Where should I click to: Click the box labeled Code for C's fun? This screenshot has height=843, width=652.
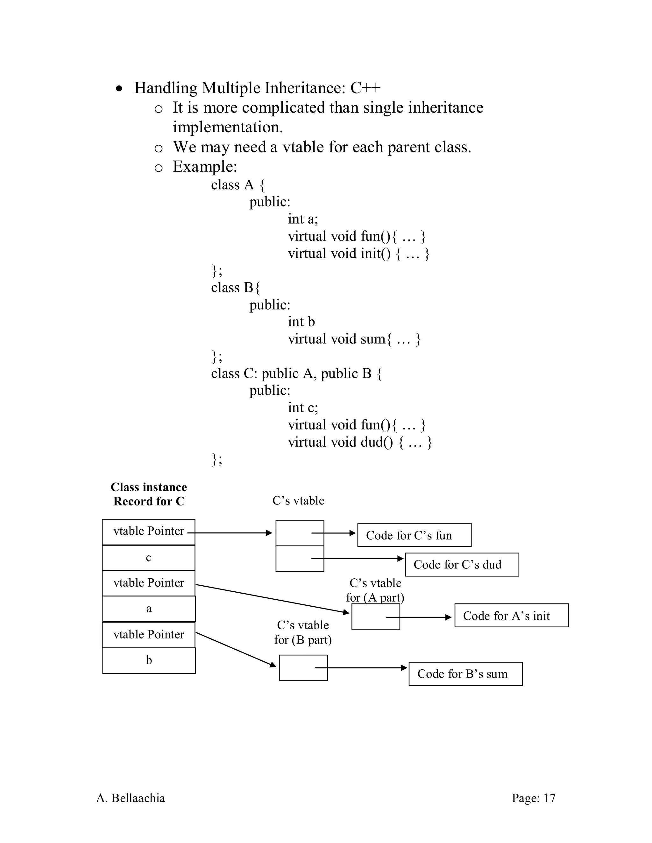pos(414,535)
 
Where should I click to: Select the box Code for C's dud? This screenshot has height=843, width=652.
pos(462,564)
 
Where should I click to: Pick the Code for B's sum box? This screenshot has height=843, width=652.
pos(465,673)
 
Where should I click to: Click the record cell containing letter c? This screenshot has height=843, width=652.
pos(149,558)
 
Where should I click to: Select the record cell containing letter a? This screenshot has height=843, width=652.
pos(149,609)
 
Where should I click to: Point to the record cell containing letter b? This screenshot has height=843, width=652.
pos(149,660)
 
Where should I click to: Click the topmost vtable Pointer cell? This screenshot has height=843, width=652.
pos(149,532)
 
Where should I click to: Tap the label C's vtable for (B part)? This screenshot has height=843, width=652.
pos(303,632)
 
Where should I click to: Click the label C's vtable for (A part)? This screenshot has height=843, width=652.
pos(375,590)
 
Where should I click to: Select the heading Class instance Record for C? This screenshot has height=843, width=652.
pos(149,494)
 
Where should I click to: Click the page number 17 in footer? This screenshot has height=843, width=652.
pos(534,798)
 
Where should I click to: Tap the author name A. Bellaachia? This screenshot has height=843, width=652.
pos(131,798)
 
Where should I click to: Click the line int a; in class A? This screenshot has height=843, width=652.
pos(303,219)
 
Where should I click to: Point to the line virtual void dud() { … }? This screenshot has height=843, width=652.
pos(360,442)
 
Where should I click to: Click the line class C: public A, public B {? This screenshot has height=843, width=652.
pos(296,373)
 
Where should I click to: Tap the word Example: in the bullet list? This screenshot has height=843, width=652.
pos(205,167)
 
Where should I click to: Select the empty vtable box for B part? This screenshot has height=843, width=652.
pos(303,667)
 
